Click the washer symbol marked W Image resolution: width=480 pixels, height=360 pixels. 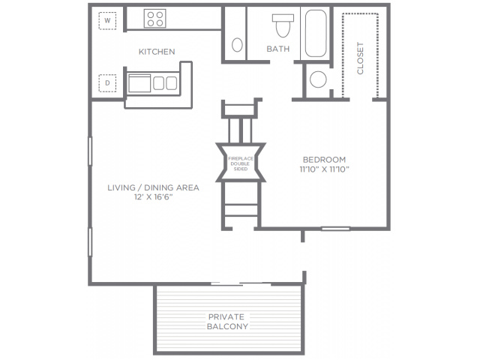tap(107, 21)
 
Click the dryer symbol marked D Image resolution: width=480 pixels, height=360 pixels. tap(107, 83)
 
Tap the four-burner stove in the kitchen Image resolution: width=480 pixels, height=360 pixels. tap(155, 18)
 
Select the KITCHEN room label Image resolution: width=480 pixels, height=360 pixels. tap(157, 52)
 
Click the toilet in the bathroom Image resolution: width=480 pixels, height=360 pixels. tap(283, 25)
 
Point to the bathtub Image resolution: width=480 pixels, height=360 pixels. tap(316, 33)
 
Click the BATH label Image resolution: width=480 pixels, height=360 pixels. tap(278, 49)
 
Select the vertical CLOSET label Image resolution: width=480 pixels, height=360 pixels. tap(360, 58)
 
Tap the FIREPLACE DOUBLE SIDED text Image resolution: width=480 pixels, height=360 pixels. tap(241, 163)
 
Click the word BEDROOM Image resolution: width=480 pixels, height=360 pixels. tap(324, 160)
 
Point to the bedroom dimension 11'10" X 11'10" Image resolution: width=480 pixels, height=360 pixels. tap(325, 169)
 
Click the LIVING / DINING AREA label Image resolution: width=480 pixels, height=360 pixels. tap(153, 187)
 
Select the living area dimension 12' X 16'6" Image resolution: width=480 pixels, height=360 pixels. tap(153, 197)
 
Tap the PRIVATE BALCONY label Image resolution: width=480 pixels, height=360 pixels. tap(227, 322)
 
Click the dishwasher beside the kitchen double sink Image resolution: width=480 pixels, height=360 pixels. tap(139, 83)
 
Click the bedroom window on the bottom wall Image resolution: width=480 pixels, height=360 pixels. tap(335, 228)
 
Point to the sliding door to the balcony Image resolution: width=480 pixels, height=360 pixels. tap(241, 284)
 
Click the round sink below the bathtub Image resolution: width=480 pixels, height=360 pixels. tap(318, 79)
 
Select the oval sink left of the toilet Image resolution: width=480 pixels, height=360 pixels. tap(237, 45)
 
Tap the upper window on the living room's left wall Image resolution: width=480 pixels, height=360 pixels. tap(90, 151)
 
